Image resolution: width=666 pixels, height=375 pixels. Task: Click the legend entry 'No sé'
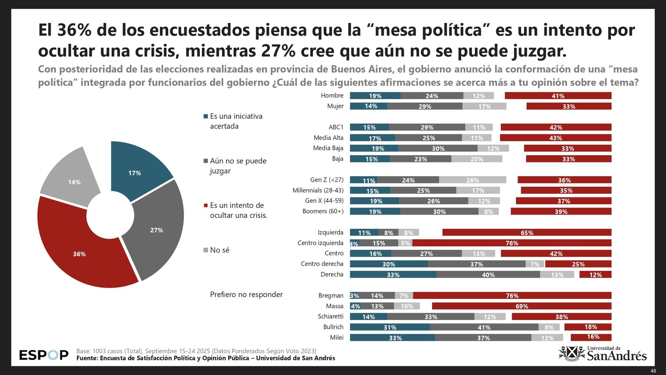coord(219,250)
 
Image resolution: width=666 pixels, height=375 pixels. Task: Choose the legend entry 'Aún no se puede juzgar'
coord(238,166)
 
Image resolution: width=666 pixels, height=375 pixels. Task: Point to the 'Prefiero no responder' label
coord(246,295)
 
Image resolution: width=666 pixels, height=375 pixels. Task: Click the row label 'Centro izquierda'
coord(320,243)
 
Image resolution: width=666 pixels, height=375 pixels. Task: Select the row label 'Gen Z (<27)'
coord(327,180)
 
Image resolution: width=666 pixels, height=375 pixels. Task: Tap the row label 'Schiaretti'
coord(331,316)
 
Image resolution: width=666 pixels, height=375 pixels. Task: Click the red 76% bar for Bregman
coord(512,295)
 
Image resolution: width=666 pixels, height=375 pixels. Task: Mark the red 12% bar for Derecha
coord(595,275)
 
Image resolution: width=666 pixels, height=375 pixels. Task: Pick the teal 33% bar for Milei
coord(393,337)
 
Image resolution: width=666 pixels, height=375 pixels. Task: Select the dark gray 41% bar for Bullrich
coord(484,327)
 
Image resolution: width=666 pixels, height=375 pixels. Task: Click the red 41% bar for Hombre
coord(558,96)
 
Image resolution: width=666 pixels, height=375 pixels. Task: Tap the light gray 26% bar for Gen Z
coord(472,180)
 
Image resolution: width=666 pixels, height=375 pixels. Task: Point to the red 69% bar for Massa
coord(522,306)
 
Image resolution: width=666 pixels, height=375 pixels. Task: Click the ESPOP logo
coord(44,355)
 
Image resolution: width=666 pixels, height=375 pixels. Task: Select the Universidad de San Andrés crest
coord(572,353)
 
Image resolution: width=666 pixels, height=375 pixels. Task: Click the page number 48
coord(653,371)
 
